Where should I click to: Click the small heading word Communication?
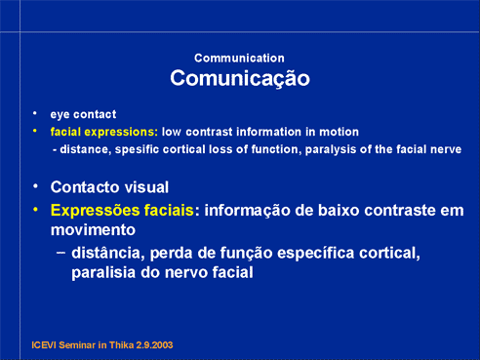point(239,59)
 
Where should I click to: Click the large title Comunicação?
point(240,78)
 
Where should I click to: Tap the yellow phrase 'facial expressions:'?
point(104,132)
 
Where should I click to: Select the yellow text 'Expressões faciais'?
point(122,211)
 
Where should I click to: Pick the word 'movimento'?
point(93,230)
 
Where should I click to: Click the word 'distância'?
point(108,253)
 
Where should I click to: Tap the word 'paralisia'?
point(103,272)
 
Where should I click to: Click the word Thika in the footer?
point(121,345)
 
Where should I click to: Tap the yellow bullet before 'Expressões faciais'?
point(36,210)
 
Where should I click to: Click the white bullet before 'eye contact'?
point(35,113)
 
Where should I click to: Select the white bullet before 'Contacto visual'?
point(36,186)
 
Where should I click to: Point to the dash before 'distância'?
point(61,253)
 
